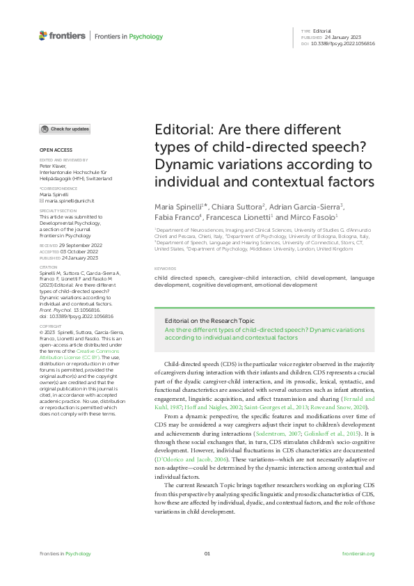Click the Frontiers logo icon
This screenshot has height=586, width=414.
(44, 35)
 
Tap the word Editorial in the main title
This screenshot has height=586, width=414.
(182, 131)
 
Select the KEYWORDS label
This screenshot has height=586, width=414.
(165, 268)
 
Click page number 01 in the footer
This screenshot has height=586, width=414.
(207, 553)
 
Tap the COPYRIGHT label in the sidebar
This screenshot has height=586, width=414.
(50, 326)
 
